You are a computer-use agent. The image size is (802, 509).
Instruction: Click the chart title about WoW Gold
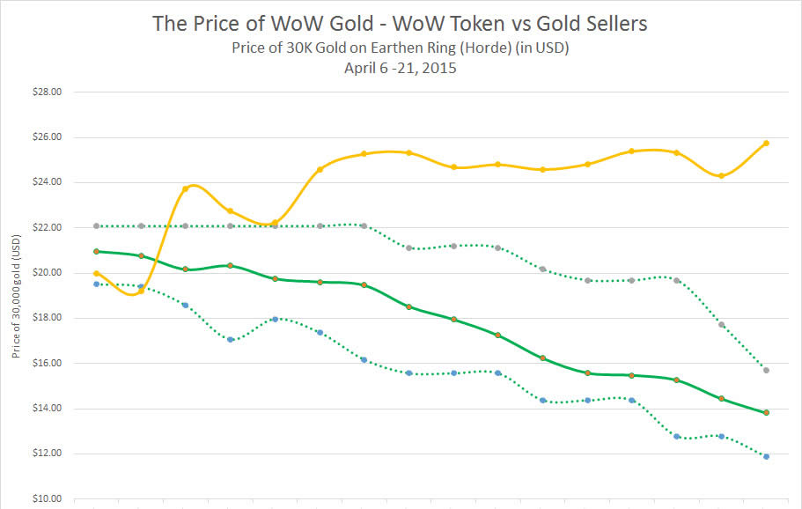tap(400, 24)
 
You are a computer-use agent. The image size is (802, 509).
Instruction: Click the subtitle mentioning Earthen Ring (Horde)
tap(400, 48)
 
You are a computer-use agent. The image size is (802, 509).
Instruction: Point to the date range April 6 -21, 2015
tap(400, 68)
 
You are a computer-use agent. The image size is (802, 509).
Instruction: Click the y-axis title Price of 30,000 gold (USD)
tap(16, 294)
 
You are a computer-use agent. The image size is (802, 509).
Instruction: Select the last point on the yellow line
tap(766, 143)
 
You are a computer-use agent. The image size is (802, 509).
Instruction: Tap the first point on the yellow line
tap(96, 274)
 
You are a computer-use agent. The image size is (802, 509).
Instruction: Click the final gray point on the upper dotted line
tap(766, 370)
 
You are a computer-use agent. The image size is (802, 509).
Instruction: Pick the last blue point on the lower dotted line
tap(766, 456)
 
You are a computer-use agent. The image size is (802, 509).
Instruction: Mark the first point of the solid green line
tap(96, 252)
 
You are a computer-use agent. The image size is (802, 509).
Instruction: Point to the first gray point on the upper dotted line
tap(96, 226)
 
